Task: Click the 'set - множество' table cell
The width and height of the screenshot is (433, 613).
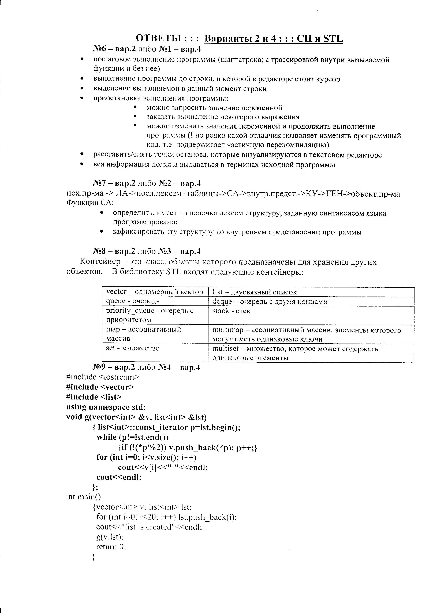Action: click(133, 348)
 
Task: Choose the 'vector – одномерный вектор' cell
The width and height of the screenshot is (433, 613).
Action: click(155, 292)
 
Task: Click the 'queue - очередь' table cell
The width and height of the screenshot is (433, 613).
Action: click(133, 301)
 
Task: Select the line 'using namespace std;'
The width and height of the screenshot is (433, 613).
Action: click(106, 407)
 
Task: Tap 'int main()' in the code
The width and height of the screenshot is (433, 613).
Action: click(83, 497)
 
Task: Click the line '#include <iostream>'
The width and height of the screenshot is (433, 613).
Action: click(103, 377)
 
